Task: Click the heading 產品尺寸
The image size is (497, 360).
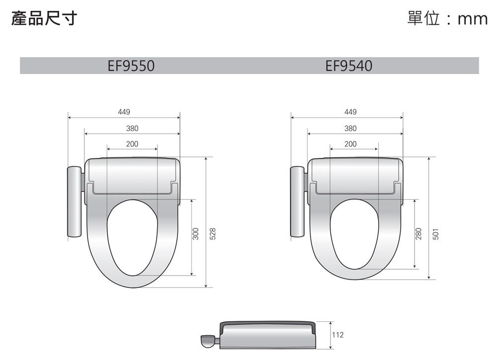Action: tap(44, 19)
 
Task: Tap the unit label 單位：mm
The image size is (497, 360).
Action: tap(447, 19)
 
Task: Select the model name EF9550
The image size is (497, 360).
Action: tap(131, 66)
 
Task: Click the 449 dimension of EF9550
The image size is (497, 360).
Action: tap(124, 112)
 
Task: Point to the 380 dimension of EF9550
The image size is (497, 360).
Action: tap(132, 129)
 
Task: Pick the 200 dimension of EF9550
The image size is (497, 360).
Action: tap(132, 144)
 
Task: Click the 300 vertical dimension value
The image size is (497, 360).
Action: tap(196, 234)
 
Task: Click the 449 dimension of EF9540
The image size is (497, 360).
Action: tap(350, 112)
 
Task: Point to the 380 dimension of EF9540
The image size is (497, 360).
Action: tap(350, 129)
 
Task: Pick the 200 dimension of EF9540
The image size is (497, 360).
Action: tap(350, 144)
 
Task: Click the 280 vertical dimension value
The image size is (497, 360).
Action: tap(418, 234)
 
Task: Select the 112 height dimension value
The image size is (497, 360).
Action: tap(337, 335)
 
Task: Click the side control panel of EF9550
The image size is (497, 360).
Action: tap(75, 202)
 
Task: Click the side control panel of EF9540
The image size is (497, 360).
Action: tap(298, 202)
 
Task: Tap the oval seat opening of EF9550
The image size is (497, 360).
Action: tap(132, 238)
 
